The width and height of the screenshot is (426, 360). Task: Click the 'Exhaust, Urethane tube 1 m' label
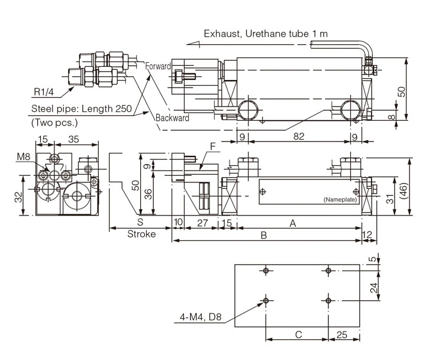point(266,33)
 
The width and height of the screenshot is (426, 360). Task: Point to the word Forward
point(159,66)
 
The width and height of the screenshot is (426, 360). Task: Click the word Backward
point(172,118)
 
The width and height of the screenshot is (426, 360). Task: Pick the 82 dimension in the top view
point(299,136)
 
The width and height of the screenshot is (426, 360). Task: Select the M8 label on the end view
point(23,156)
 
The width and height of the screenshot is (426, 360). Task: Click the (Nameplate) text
point(340,200)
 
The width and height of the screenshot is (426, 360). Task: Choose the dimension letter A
point(292,223)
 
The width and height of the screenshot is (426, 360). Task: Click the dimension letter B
point(264,236)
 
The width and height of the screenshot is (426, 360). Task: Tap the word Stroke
point(141,234)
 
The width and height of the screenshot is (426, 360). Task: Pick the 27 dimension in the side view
point(202,223)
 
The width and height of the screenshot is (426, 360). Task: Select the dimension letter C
point(298,335)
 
